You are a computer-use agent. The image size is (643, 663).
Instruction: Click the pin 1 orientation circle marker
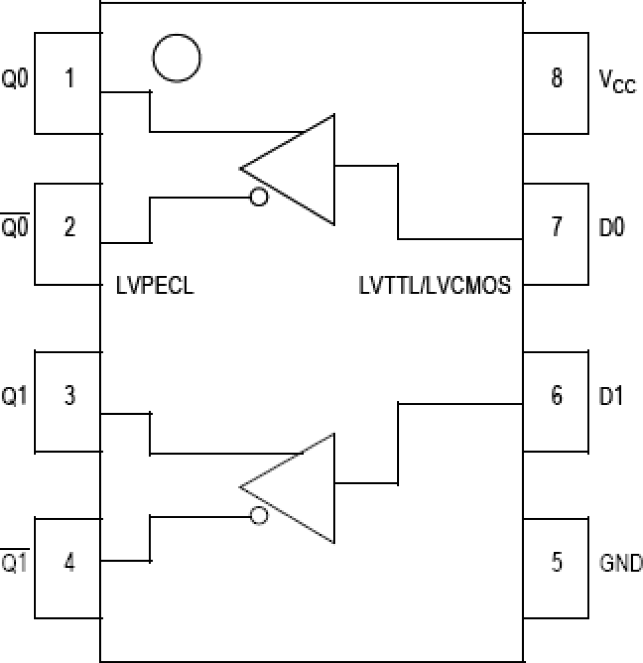[177, 58]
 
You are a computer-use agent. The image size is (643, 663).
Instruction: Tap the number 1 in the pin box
[70, 78]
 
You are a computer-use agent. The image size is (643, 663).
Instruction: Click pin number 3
[70, 395]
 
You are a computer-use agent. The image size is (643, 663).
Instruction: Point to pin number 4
[70, 562]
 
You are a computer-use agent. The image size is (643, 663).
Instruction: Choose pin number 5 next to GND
[556, 562]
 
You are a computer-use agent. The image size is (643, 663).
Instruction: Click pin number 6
[556, 395]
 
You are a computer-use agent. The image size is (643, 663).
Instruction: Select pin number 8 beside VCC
[556, 78]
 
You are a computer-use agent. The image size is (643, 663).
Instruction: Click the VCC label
[617, 81]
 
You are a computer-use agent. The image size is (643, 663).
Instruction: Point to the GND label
[620, 563]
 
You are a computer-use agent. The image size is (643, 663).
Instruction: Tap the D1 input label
[611, 396]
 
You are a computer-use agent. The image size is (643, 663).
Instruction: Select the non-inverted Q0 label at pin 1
[15, 79]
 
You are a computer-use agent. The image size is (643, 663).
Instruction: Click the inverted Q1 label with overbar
[15, 562]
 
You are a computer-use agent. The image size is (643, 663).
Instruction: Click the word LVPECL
[155, 285]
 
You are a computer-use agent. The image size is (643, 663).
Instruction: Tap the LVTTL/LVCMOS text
[435, 285]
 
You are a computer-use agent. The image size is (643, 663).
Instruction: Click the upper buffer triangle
[302, 169]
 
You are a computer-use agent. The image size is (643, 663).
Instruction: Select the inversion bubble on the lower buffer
[259, 516]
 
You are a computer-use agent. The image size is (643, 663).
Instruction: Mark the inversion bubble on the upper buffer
[259, 197]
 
